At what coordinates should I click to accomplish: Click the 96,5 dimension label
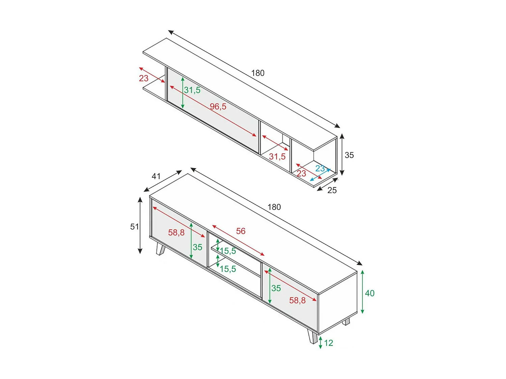[x=218, y=107]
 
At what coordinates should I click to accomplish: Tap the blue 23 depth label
[x=320, y=168]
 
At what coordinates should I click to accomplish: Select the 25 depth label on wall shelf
[x=332, y=190]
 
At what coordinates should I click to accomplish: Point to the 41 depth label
[x=156, y=176]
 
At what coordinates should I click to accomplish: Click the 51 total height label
[x=134, y=227]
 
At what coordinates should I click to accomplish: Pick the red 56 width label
[x=241, y=231]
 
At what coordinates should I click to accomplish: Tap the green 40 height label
[x=369, y=293]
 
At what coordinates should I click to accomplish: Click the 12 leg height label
[x=329, y=343]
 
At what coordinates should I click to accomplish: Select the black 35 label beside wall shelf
[x=349, y=155]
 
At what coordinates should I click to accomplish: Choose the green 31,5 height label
[x=192, y=90]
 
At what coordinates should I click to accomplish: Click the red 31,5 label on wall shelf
[x=277, y=157]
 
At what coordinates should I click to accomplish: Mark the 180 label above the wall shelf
[x=258, y=73]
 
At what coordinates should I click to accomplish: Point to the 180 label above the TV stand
[x=274, y=207]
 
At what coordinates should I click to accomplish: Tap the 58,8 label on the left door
[x=176, y=232]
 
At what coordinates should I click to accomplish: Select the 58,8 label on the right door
[x=297, y=301]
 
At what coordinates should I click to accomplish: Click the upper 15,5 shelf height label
[x=228, y=251]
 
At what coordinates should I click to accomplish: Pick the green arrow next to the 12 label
[x=320, y=342]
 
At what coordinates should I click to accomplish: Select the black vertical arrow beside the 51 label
[x=140, y=225]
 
